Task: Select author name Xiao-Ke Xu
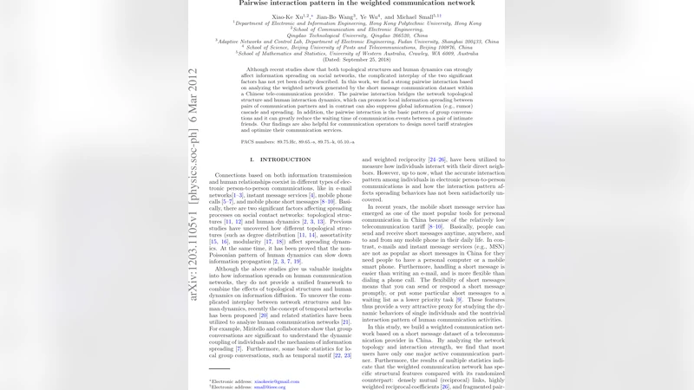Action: point(286,16)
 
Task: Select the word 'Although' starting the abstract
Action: point(259,68)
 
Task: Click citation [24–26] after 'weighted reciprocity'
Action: point(437,159)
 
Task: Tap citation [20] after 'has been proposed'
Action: point(263,315)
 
